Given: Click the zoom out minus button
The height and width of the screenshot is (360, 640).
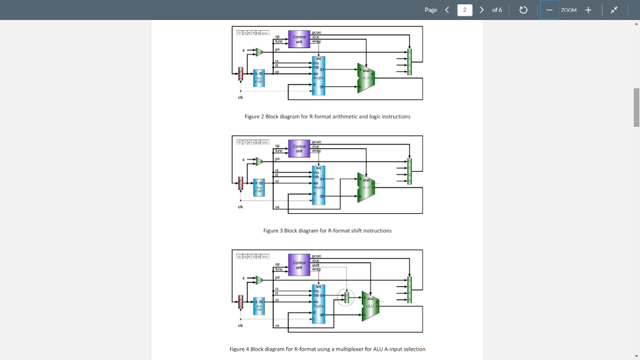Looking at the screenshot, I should tap(549, 10).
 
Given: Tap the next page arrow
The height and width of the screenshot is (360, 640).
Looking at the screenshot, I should tap(482, 10).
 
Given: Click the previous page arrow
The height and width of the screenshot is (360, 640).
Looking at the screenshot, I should tap(447, 10).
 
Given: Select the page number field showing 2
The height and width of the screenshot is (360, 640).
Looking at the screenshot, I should tap(464, 10).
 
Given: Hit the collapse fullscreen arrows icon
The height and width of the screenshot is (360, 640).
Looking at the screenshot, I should tap(615, 10).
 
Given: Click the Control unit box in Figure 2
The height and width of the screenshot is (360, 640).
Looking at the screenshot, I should tap(299, 39).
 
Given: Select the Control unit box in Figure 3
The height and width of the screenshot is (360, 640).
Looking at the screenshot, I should tap(299, 148).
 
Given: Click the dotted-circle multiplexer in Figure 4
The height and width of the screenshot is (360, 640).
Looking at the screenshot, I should tap(346, 297).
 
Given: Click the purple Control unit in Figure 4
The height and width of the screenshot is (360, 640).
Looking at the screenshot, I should tap(299, 264).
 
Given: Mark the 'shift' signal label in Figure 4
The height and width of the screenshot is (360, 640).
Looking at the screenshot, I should tap(316, 264).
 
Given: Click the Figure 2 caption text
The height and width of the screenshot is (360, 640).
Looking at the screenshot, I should tap(327, 117).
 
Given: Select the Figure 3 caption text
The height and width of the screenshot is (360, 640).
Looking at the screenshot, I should tap(327, 231).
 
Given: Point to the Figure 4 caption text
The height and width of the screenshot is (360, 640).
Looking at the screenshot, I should tap(327, 349).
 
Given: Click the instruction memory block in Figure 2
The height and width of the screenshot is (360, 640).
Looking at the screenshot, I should tap(259, 79).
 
